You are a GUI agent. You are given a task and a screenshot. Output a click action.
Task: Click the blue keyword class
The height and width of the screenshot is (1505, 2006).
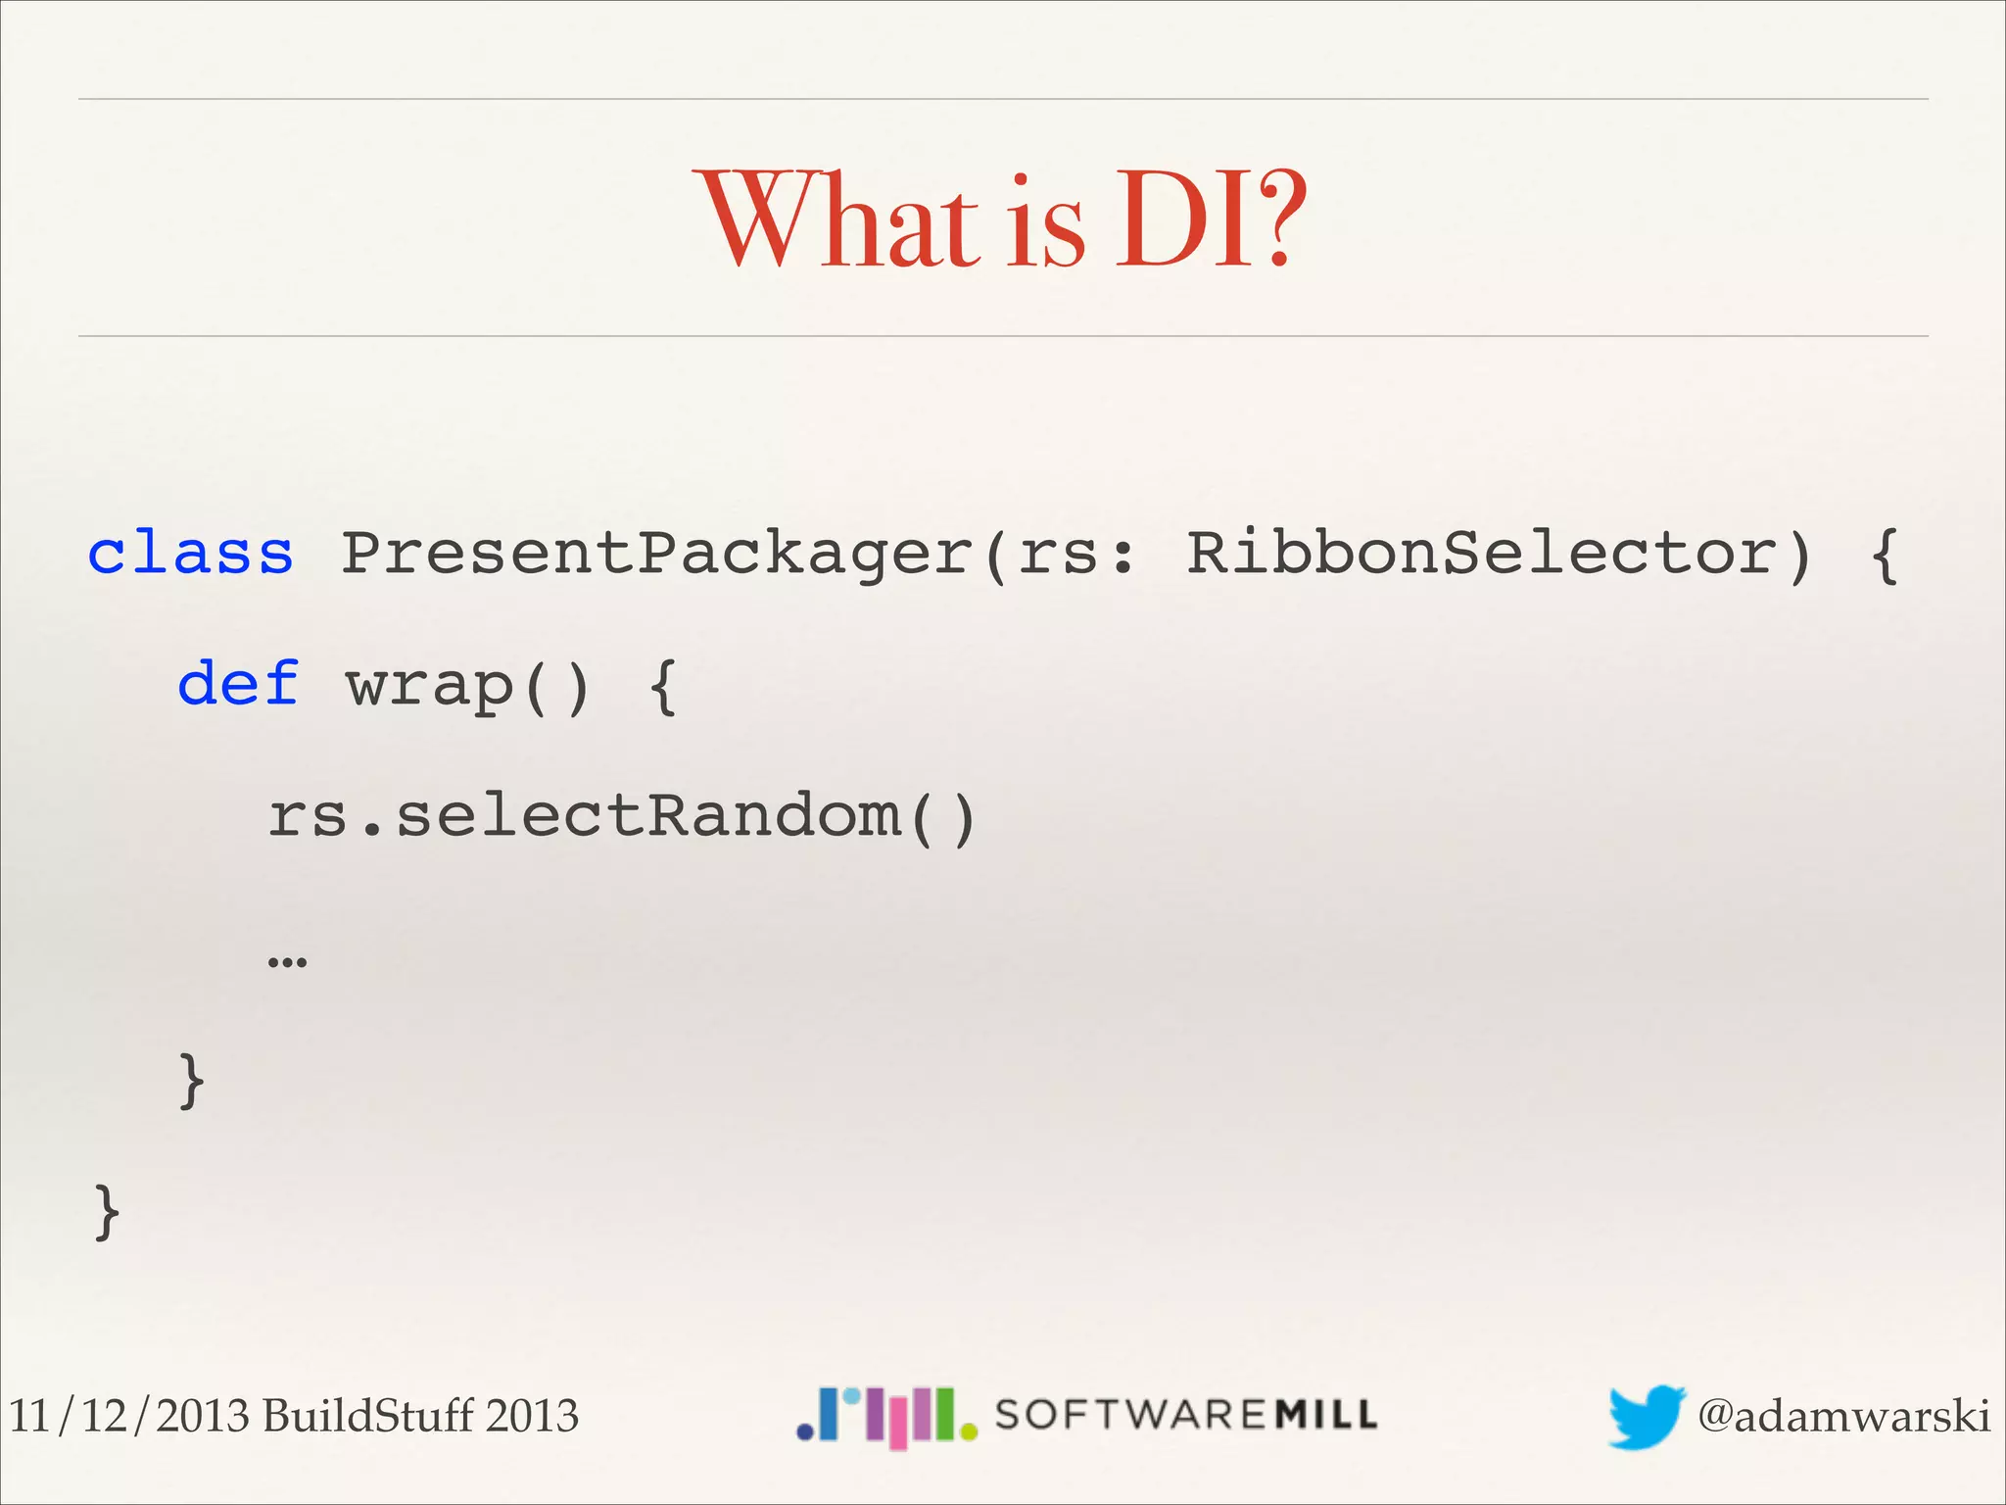[190, 553]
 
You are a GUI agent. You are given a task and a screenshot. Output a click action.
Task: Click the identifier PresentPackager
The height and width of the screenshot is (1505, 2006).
[656, 555]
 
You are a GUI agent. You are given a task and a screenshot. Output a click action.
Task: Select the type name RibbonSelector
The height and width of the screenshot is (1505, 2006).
[1481, 553]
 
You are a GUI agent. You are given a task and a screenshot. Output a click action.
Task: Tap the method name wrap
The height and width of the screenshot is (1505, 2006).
[429, 686]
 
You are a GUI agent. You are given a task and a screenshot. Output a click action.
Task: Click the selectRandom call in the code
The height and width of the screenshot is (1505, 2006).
[646, 815]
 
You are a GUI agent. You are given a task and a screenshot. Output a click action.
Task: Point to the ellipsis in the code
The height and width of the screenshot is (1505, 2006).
[287, 960]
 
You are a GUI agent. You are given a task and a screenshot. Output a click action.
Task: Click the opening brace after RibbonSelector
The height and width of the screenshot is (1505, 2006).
[1884, 555]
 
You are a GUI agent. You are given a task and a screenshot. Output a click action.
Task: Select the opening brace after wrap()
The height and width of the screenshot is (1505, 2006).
[663, 686]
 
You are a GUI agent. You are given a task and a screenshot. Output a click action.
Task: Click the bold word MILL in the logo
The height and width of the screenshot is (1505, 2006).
[1327, 1415]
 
